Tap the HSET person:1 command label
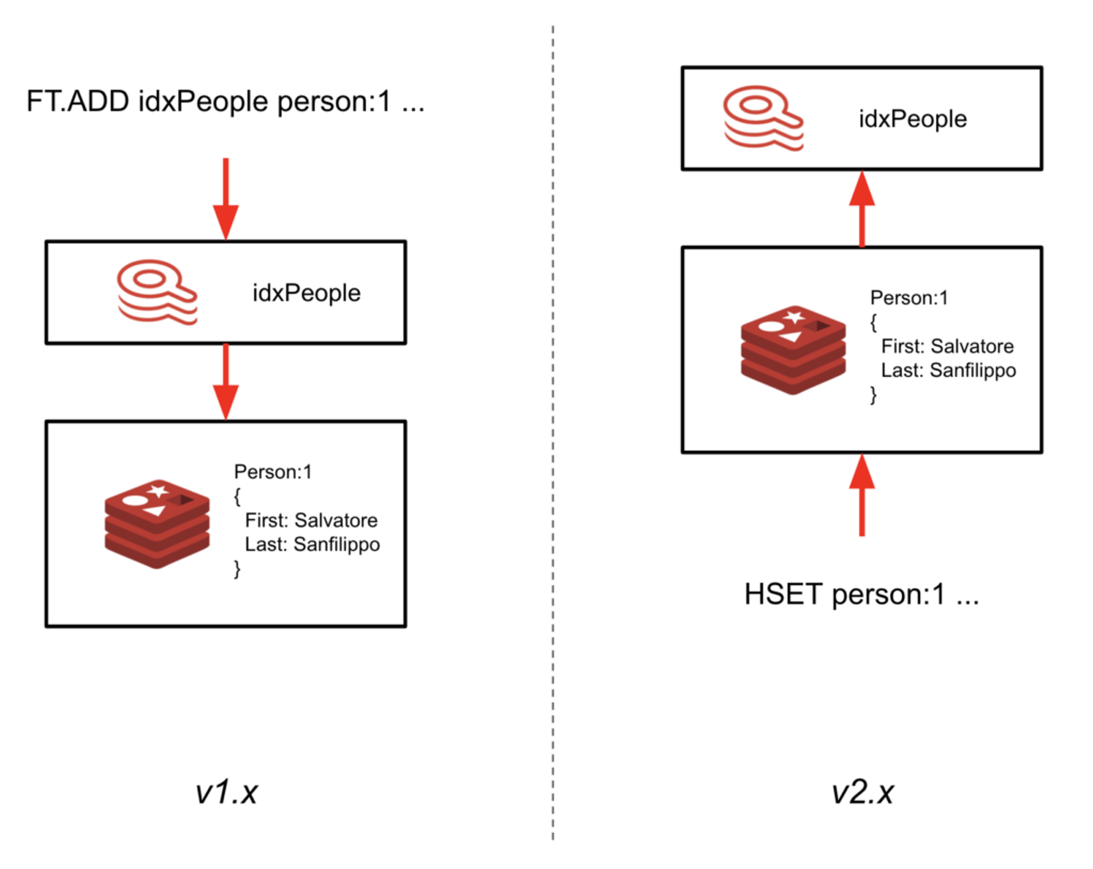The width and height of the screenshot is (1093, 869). click(861, 594)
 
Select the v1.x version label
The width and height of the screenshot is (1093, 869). click(227, 792)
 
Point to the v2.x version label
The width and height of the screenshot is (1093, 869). click(863, 792)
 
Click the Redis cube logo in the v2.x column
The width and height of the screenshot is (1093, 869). click(793, 350)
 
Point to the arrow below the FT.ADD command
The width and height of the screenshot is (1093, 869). click(226, 199)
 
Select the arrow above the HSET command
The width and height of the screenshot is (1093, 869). click(862, 495)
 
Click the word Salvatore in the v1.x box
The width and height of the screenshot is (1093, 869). click(336, 520)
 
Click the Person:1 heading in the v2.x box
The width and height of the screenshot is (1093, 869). click(909, 298)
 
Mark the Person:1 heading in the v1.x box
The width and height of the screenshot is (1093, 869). click(273, 472)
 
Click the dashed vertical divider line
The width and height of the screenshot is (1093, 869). click(552, 432)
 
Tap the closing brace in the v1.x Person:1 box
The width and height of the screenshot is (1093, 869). click(237, 569)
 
